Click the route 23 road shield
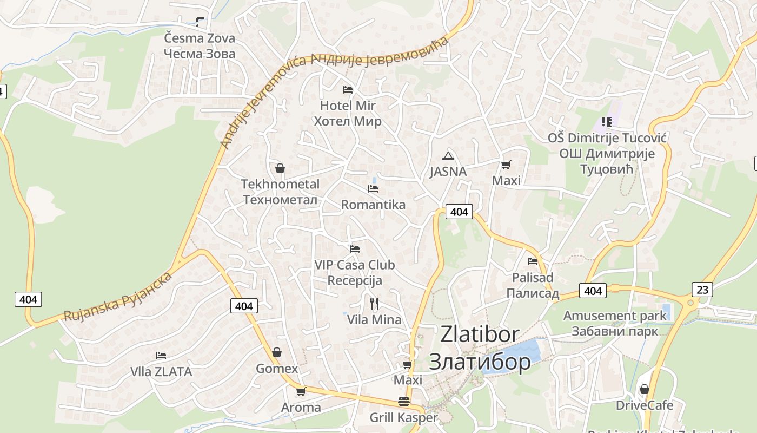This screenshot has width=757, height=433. tap(702, 290)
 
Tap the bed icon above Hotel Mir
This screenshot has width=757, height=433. tap(348, 89)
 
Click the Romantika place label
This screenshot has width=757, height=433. tap(373, 205)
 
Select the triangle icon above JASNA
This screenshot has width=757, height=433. tap(448, 156)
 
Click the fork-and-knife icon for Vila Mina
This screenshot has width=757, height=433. tap(374, 303)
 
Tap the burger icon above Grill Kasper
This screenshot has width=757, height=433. tap(403, 402)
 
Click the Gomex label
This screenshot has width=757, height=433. tap(277, 369)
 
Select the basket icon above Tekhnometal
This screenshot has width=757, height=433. tap(280, 168)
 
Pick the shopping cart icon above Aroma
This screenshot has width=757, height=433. tap(301, 391)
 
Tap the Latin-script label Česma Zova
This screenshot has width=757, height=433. tap(200, 38)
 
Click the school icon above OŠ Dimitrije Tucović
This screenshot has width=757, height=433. tap(607, 122)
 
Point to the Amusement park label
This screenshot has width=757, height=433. tap(615, 316)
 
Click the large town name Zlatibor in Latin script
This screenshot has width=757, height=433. tap(480, 334)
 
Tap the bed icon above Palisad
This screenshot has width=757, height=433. tap(533, 261)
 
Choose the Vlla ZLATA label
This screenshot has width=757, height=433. tap(161, 372)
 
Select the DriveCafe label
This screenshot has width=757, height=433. tap(645, 405)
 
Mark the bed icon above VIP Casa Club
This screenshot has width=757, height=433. tap(355, 249)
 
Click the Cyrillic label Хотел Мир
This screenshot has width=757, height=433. tap(348, 121)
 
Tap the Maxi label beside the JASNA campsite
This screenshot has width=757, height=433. tap(506, 180)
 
